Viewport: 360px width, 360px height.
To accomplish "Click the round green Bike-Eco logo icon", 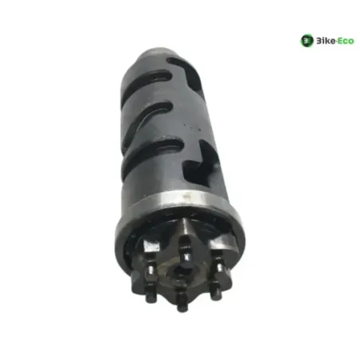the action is pyautogui.click(x=307, y=41).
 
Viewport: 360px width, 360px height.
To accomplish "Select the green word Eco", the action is pyautogui.click(x=346, y=41).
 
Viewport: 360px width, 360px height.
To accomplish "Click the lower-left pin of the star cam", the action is pyautogui.click(x=150, y=292).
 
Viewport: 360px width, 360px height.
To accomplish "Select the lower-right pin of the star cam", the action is pyautogui.click(x=216, y=290).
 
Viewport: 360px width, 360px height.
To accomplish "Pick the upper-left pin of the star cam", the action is pyautogui.click(x=151, y=268).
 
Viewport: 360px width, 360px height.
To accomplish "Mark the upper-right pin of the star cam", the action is pyautogui.click(x=219, y=262).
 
